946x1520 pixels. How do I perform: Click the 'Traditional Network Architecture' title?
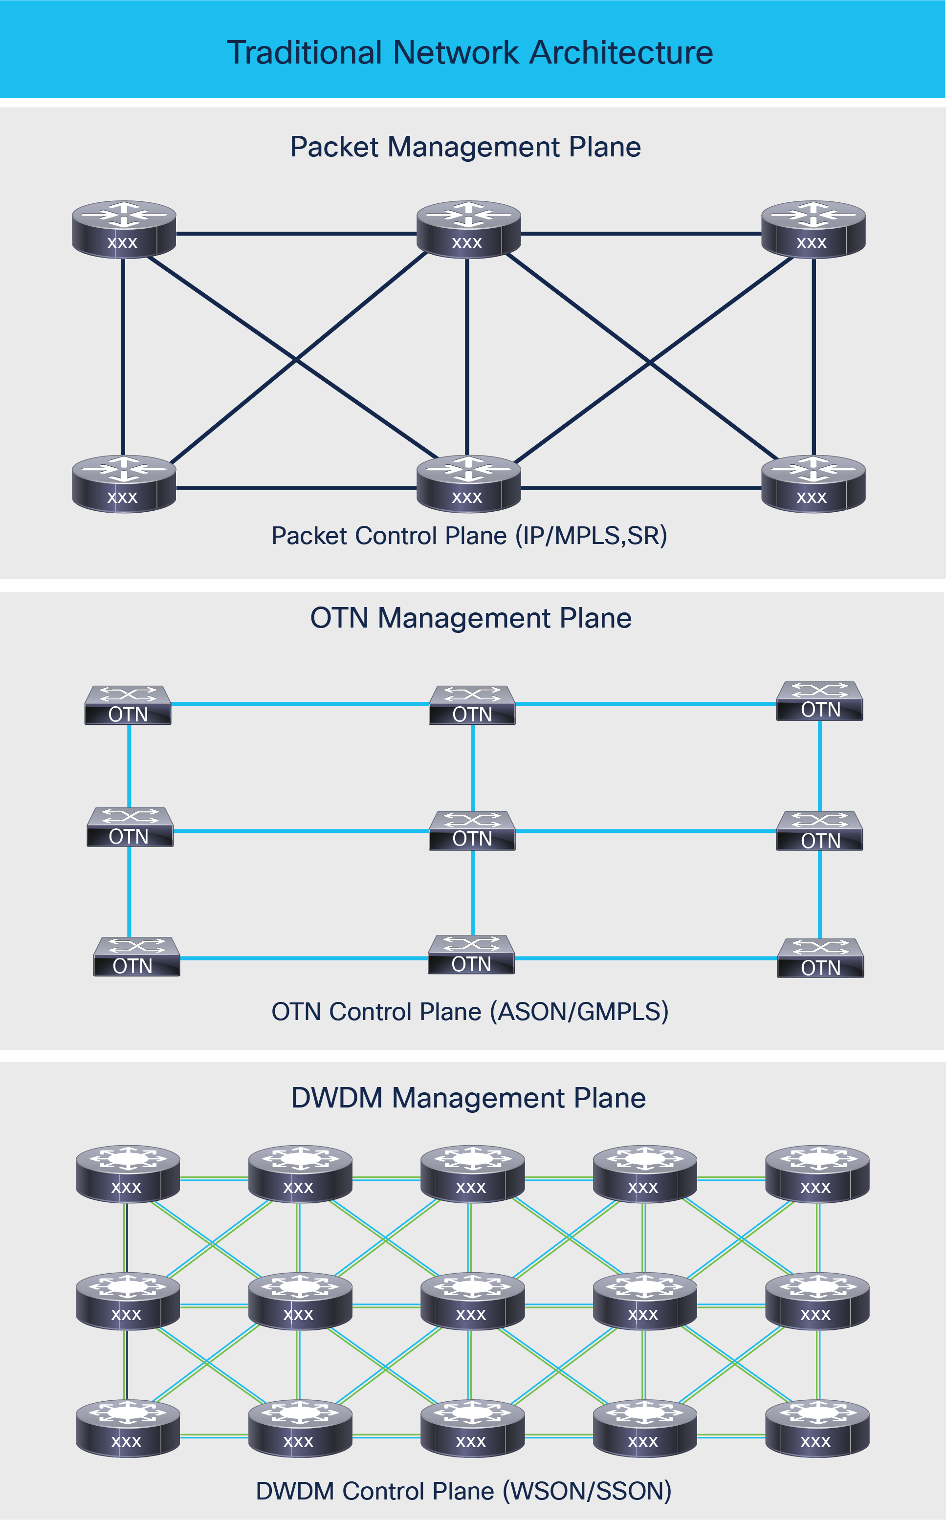click(x=470, y=53)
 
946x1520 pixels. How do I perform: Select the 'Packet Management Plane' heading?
click(x=465, y=147)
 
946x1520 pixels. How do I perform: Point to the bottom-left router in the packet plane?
click(x=124, y=483)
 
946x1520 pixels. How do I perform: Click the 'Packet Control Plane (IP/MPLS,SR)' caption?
click(x=469, y=536)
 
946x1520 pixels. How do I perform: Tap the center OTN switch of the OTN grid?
click(x=472, y=831)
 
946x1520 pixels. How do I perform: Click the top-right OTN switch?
click(x=819, y=701)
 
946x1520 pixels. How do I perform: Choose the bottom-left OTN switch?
click(x=136, y=957)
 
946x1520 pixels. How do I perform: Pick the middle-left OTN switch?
click(x=130, y=827)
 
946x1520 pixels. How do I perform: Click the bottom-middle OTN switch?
click(x=471, y=955)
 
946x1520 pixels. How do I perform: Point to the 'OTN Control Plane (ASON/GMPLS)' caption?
click(x=470, y=1011)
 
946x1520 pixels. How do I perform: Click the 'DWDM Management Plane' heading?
click(x=469, y=1098)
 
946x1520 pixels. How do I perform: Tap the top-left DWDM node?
click(x=128, y=1174)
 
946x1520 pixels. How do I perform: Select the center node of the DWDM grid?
click(x=472, y=1301)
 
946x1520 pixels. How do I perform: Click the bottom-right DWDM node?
click(x=817, y=1428)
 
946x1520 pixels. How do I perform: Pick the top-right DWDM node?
click(x=817, y=1174)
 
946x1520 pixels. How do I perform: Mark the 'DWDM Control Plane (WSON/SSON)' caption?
click(x=463, y=1491)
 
